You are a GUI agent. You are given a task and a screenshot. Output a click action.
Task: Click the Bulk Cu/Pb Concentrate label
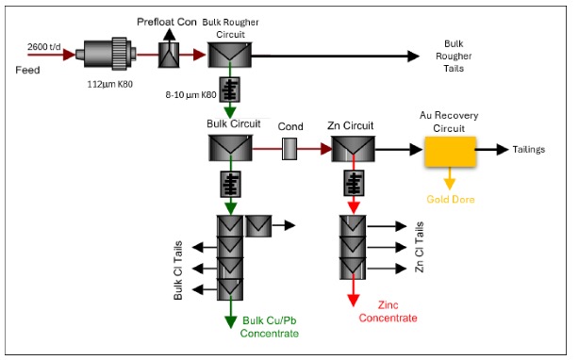point(271,326)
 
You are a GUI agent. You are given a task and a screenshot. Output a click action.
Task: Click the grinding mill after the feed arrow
point(111,56)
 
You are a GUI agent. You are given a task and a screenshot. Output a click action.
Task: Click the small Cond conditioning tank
point(289,148)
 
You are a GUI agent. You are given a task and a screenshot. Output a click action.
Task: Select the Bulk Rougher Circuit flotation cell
point(229,56)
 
